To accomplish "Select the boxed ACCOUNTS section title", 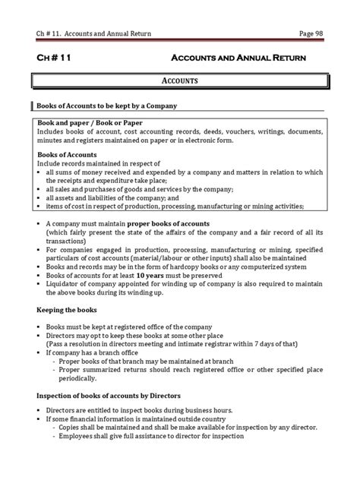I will pos(180,80).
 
